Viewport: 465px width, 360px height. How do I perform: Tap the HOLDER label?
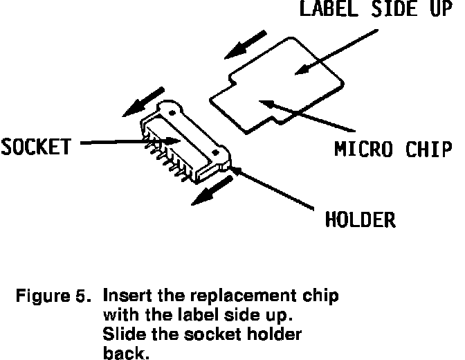(x=361, y=220)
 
